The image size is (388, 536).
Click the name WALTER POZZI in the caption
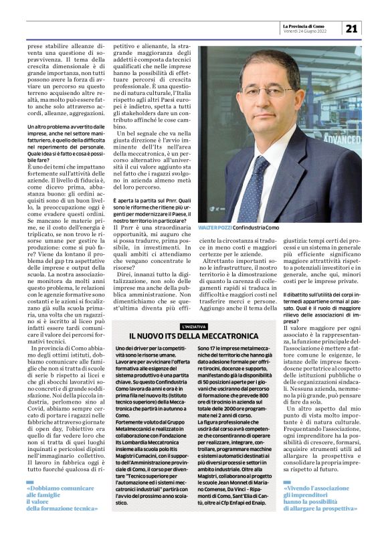[x=215, y=229]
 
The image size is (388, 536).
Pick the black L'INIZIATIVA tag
[x=193, y=327]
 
